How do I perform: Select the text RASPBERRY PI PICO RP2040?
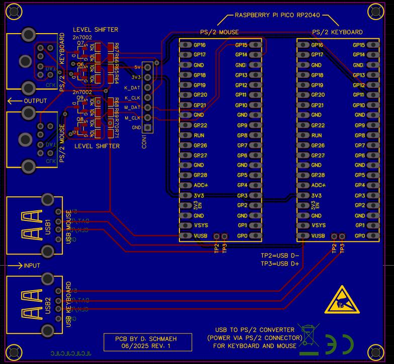click(x=277, y=16)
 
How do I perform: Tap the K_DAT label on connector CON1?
click(x=132, y=87)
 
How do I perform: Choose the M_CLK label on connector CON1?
click(x=132, y=117)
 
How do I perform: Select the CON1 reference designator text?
click(x=144, y=140)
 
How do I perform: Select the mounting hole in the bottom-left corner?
click(x=12, y=351)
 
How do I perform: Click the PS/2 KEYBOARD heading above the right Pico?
click(x=337, y=32)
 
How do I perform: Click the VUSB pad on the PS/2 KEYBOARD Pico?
click(x=303, y=235)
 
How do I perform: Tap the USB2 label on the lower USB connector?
click(x=48, y=304)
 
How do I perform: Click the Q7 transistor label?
click(x=80, y=43)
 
